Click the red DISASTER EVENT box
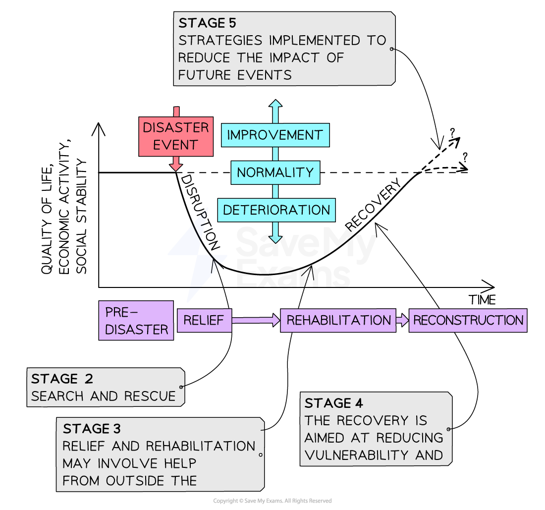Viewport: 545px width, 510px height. pos(176,136)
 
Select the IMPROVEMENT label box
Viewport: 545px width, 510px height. pos(275,135)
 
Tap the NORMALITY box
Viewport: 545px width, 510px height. pos(275,172)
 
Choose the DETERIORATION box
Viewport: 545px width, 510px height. pos(276,210)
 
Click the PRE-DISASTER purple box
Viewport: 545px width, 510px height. pos(136,321)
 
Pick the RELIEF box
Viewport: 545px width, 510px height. pos(204,320)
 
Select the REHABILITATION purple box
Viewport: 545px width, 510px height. pos(338,320)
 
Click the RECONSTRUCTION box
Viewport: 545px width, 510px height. pos(468,320)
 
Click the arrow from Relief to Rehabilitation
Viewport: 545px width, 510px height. pos(255,320)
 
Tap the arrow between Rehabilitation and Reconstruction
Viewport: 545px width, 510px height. pos(402,320)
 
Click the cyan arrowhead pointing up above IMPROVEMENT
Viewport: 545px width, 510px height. pos(275,105)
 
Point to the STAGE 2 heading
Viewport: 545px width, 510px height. pos(62,379)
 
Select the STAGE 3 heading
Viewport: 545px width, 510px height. pos(92,429)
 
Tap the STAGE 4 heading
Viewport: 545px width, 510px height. pos(334,403)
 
